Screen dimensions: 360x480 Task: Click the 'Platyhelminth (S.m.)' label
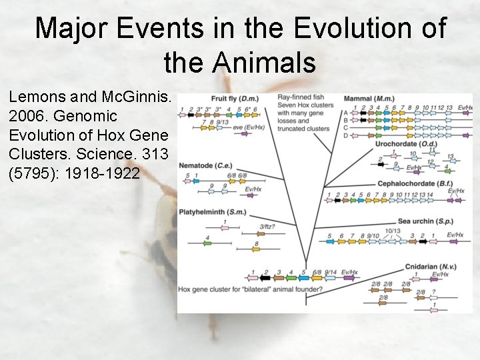[213, 213]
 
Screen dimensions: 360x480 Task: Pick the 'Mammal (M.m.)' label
[368, 99]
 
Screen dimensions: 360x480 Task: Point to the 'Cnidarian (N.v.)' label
[431, 267]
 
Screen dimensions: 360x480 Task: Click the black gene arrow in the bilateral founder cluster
[265, 280]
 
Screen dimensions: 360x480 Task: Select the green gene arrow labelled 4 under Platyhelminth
[207, 243]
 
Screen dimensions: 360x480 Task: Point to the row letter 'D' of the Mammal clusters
[345, 135]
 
